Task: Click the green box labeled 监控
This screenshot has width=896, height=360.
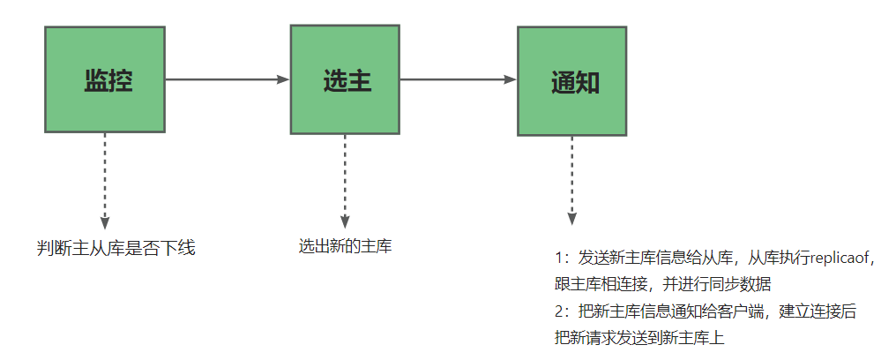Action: [104, 79]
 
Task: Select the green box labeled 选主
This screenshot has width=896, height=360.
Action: [345, 79]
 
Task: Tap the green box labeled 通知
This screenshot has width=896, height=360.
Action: [571, 81]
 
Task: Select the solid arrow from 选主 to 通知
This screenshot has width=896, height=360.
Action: [458, 79]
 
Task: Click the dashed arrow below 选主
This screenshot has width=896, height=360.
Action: [345, 176]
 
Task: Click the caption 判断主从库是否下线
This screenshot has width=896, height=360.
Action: [116, 249]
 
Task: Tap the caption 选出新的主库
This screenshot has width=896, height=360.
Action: [345, 246]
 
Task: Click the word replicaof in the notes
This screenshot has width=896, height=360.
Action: [838, 259]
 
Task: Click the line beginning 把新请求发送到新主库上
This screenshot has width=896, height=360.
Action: [639, 337]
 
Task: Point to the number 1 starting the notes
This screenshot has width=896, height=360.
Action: [559, 259]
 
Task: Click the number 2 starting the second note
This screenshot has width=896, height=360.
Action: [559, 311]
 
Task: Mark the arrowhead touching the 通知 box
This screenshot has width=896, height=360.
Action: [511, 79]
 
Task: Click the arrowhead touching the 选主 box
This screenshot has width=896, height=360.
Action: [284, 79]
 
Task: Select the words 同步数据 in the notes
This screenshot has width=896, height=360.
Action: [744, 284]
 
